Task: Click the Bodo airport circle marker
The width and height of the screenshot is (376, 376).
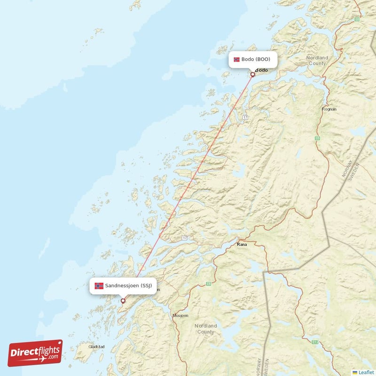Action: pos(252,74)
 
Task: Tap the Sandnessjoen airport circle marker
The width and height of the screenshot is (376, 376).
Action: pos(123,301)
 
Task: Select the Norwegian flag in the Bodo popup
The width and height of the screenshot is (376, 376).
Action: pos(236,60)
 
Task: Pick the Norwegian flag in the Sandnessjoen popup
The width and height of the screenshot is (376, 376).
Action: pos(99,286)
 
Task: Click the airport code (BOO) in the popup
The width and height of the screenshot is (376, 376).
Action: pos(263,60)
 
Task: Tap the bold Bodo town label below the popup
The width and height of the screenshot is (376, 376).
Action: pos(261,70)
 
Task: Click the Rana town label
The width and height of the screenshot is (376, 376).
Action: pos(242,245)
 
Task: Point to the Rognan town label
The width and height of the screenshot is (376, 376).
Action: pos(329,109)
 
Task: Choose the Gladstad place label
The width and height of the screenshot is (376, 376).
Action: pos(96,347)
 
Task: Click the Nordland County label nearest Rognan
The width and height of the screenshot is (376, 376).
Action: pos(317,60)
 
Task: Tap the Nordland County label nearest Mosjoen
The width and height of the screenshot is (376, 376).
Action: pos(205,329)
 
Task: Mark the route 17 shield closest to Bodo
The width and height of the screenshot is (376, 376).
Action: pos(245,116)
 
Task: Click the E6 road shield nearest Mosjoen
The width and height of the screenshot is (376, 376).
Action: pos(208,284)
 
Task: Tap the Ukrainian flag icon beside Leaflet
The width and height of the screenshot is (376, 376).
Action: pos(355,372)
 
